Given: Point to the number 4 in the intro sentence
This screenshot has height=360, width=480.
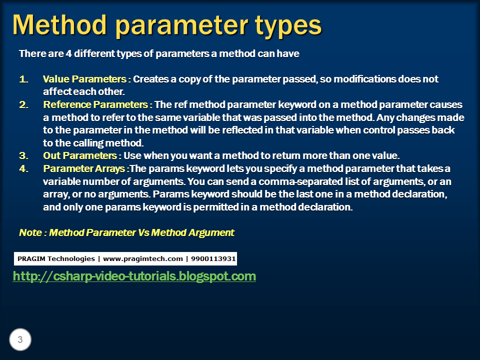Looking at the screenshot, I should [x=68, y=54].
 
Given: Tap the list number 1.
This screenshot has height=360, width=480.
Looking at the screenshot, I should [x=23, y=79].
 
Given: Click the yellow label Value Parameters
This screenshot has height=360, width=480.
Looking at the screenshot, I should [x=84, y=79].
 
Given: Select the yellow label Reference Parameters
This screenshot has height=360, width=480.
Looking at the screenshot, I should [x=96, y=105].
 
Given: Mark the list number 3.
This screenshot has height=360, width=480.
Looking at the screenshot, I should [x=23, y=155].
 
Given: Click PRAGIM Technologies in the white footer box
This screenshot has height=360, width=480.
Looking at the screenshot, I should [x=56, y=258].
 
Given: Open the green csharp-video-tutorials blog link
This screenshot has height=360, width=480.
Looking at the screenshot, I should [x=134, y=276].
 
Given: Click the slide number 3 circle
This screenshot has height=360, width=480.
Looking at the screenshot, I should [x=20, y=340].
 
